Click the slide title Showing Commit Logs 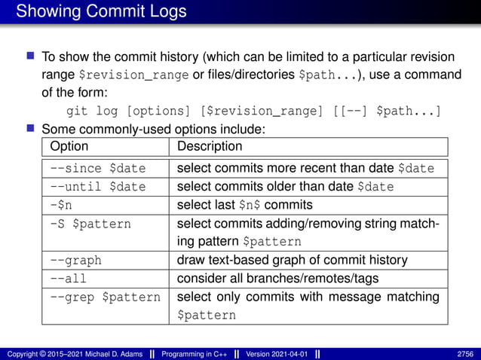click(x=101, y=12)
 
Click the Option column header click(x=69, y=146)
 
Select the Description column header click(x=210, y=146)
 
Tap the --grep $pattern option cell click(x=105, y=297)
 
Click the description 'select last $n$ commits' click(x=244, y=205)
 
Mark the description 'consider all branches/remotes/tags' click(x=277, y=279)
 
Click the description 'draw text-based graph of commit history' click(x=292, y=261)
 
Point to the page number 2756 click(x=464, y=353)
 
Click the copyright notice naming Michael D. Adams click(x=74, y=353)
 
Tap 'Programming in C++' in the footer click(x=196, y=353)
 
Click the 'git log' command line click(x=253, y=111)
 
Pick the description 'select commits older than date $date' click(x=285, y=186)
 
